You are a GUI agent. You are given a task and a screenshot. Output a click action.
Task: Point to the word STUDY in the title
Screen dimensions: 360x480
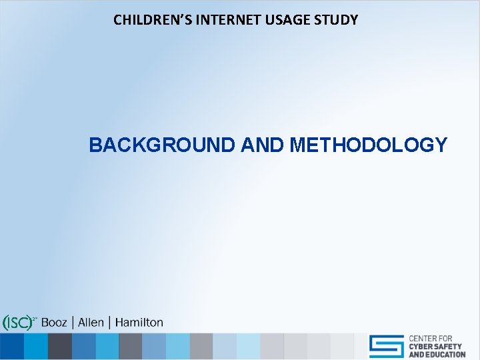pos(337,20)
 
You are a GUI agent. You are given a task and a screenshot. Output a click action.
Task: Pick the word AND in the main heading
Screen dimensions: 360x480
pos(264,145)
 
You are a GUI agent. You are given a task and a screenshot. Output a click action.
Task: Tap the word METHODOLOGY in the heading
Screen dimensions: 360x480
pos(369,145)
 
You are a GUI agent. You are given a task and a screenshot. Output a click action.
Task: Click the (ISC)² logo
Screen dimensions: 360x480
pos(19,323)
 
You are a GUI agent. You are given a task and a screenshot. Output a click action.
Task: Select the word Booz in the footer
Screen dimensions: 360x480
pos(54,323)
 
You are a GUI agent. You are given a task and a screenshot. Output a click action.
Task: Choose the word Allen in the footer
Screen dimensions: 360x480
pos(91,323)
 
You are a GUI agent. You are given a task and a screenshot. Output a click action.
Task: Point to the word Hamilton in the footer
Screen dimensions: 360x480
pos(139,323)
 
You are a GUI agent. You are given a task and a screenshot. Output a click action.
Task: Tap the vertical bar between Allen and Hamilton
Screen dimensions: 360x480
pos(109,323)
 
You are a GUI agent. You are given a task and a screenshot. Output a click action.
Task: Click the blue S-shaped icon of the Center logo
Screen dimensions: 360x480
pos(387,346)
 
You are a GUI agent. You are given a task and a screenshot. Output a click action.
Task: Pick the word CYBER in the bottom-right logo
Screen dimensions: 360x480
pos(423,347)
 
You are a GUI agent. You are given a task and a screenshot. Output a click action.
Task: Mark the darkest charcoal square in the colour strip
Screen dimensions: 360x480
pos(60,347)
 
